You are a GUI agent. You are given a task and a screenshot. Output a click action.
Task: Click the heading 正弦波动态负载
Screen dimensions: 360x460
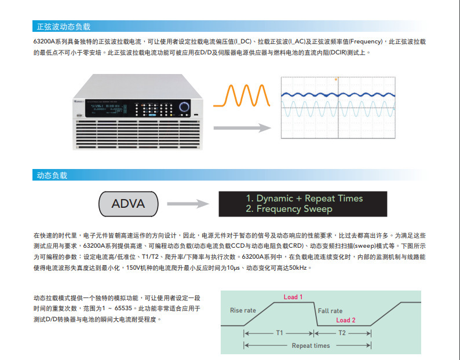pyautogui.click(x=64, y=27)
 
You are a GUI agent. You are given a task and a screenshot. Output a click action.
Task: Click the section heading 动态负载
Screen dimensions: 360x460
pyautogui.click(x=52, y=175)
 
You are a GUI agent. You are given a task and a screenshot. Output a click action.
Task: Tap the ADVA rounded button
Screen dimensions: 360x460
pyautogui.click(x=129, y=203)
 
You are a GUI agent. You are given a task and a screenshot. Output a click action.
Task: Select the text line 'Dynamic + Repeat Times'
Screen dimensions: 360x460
pyautogui.click(x=304, y=198)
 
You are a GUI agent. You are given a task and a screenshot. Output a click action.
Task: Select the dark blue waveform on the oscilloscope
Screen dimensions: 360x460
pyautogui.click(x=338, y=94)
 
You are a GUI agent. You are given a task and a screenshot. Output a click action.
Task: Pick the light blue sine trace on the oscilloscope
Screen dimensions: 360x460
pyautogui.click(x=338, y=111)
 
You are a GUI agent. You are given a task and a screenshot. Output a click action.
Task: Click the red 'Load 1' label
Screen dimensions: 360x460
pyautogui.click(x=293, y=297)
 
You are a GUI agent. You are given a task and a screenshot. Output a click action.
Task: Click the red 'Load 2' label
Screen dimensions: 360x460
pyautogui.click(x=346, y=320)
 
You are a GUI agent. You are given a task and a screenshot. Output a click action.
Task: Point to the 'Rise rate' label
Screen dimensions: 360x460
pyautogui.click(x=243, y=310)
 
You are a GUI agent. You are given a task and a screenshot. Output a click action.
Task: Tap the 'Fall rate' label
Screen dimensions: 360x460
pyautogui.click(x=330, y=311)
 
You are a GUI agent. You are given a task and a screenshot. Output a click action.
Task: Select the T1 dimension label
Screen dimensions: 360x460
pyautogui.click(x=279, y=333)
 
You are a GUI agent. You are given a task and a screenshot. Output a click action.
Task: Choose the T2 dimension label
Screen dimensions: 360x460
pyautogui.click(x=342, y=333)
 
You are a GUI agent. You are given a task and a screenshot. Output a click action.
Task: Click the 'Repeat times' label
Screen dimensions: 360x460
pyautogui.click(x=311, y=346)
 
